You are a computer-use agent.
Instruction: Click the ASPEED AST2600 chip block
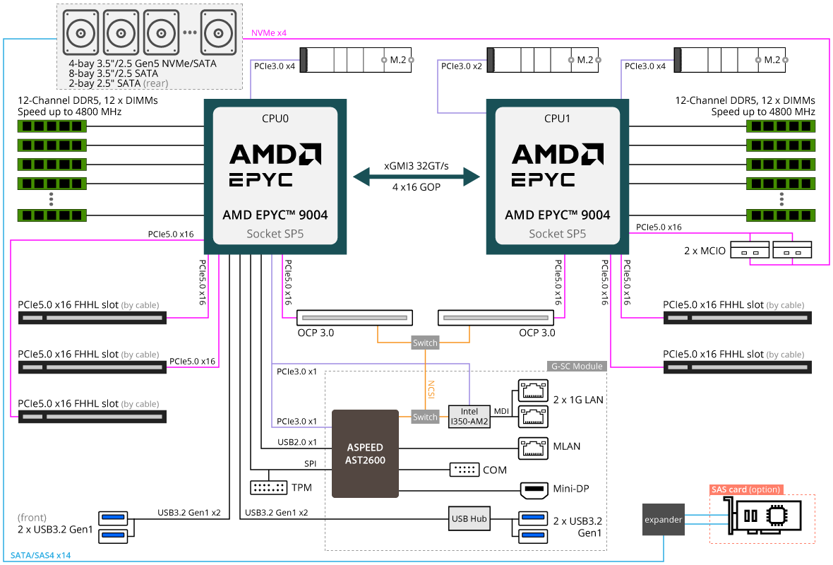click(365, 453)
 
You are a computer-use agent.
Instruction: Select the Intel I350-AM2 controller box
click(469, 417)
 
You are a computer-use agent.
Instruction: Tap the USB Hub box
click(469, 519)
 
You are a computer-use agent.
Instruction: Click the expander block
click(663, 519)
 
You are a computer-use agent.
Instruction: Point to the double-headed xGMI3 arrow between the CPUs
click(416, 177)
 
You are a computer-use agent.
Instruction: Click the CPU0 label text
click(275, 119)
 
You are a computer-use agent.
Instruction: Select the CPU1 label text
click(557, 119)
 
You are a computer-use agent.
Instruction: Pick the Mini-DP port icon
click(534, 489)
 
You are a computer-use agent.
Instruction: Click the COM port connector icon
click(465, 470)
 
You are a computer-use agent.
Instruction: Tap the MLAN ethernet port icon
click(533, 448)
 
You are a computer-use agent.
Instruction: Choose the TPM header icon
click(269, 487)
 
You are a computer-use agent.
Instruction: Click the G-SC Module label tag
click(577, 367)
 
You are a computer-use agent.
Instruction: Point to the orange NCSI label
click(431, 389)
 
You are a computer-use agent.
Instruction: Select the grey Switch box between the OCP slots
click(425, 343)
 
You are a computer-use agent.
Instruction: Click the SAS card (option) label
click(746, 489)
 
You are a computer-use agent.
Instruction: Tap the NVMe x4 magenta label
click(269, 33)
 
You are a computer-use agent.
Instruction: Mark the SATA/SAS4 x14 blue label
click(40, 555)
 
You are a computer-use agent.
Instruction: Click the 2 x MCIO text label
click(705, 251)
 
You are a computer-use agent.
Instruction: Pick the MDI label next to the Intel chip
click(501, 411)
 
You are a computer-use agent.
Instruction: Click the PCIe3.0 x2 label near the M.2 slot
click(461, 66)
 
